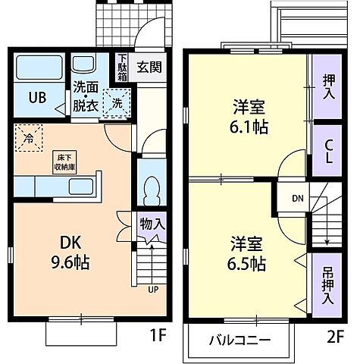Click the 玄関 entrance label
pos(149,67)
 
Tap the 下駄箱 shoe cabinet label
pos(121,66)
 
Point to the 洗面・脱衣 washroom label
pos(84,96)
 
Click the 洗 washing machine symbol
pos(117,102)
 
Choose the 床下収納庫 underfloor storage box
pos(63,162)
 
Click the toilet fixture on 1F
pos(151,187)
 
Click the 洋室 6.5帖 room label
pos(248,254)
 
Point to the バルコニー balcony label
pos(239,339)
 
